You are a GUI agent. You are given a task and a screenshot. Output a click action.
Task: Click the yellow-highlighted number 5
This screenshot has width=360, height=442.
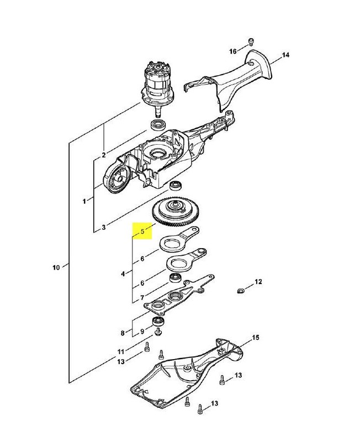click(142, 231)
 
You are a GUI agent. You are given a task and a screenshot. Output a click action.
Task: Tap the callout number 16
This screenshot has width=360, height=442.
click(233, 51)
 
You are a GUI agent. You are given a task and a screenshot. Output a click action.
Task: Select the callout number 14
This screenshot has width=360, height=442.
click(285, 55)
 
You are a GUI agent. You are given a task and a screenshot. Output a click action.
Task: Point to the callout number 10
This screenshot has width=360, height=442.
click(56, 267)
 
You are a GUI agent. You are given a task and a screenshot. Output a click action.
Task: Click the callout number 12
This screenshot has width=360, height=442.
click(258, 282)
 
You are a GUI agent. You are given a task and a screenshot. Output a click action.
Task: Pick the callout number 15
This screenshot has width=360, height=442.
click(256, 338)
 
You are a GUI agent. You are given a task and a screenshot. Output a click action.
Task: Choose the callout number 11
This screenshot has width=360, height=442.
click(121, 352)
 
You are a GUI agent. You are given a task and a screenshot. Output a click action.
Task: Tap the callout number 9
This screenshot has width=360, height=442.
click(142, 331)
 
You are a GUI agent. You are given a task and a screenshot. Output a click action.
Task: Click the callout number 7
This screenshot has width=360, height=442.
click(142, 297)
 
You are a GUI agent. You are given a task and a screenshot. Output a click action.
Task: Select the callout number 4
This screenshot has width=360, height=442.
click(123, 273)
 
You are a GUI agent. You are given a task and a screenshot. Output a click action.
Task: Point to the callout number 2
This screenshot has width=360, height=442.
click(104, 155)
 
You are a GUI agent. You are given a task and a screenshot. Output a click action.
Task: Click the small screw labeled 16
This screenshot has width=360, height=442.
click(251, 42)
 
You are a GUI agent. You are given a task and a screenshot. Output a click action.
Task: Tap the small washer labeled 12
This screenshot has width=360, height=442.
click(241, 291)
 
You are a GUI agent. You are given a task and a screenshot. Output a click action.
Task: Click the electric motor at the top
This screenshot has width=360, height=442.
click(158, 85)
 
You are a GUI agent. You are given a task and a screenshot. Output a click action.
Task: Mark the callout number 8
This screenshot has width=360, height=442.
click(123, 333)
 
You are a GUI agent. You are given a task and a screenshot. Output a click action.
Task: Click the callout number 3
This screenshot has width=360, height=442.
click(104, 227)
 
